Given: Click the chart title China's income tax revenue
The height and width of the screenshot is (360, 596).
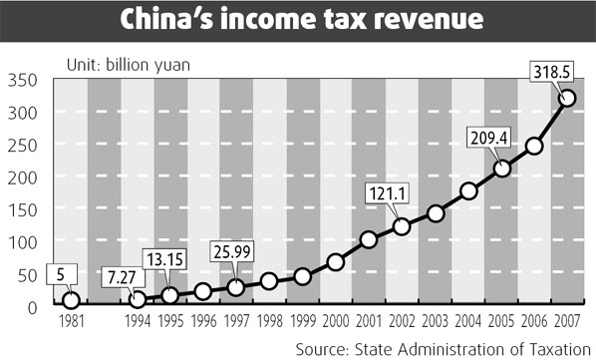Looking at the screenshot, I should (x=297, y=20).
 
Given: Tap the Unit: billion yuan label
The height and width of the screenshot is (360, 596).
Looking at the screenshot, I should (x=129, y=66).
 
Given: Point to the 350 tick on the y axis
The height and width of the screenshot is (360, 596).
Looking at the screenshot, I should (x=21, y=81).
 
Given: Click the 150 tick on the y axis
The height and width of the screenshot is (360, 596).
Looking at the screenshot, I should (x=21, y=209).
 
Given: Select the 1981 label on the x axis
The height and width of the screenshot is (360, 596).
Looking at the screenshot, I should (x=71, y=322).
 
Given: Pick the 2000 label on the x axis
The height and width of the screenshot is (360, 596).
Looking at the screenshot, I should (x=336, y=322).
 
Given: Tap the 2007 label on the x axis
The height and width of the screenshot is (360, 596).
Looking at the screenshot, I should (x=567, y=322).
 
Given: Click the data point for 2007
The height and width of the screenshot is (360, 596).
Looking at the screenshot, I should (x=567, y=98).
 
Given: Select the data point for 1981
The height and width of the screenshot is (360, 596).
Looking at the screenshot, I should (x=71, y=300).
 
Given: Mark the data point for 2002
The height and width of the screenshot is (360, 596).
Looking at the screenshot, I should (x=402, y=226).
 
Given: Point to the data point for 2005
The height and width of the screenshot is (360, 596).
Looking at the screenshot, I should (x=501, y=169).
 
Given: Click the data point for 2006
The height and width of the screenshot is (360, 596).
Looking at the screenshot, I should (x=534, y=146).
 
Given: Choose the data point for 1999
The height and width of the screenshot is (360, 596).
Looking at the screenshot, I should (x=302, y=276).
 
